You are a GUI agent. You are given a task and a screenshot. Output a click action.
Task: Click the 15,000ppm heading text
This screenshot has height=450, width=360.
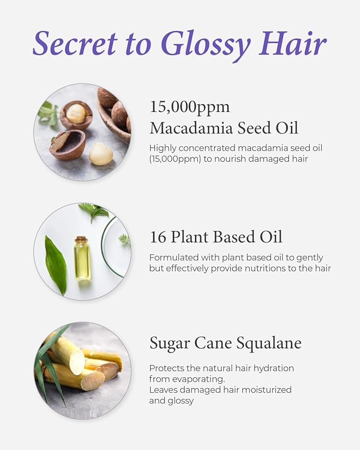[190, 107]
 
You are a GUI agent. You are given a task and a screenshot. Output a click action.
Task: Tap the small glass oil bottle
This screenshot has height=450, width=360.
[82, 260]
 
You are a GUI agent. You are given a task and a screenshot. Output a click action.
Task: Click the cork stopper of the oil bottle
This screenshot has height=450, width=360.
[81, 240]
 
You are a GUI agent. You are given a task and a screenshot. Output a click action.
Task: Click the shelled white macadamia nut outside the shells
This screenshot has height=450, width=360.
[101, 154]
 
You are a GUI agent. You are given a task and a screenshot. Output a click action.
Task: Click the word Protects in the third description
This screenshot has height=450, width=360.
[167, 368]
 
